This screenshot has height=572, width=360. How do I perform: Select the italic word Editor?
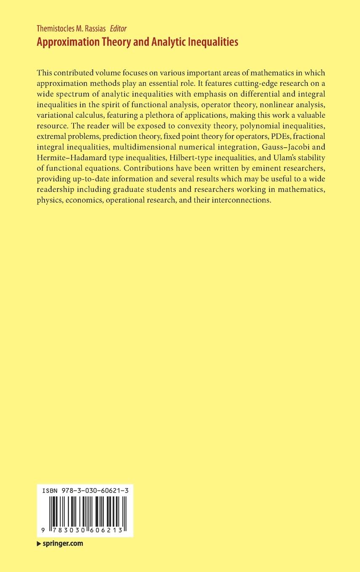click(x=118, y=29)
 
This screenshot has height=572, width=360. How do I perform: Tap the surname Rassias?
click(x=96, y=29)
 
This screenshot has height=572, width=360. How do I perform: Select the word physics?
click(x=49, y=201)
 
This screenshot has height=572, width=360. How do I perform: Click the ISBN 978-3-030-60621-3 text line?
click(x=85, y=491)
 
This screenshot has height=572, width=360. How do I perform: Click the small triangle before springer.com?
click(x=39, y=543)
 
